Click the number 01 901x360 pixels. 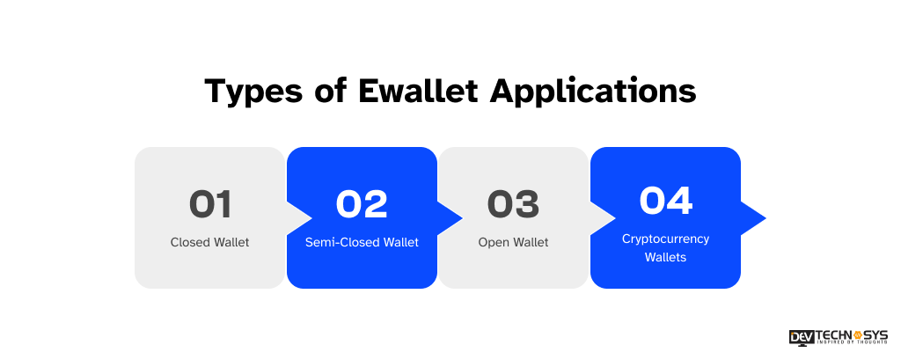210,204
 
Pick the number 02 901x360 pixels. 362,204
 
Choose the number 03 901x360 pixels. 513,204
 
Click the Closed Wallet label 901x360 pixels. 210,242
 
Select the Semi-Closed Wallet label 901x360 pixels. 362,242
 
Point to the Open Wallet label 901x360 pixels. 513,242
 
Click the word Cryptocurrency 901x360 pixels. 665,239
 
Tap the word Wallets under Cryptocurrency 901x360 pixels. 665,257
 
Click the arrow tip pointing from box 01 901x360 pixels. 304,217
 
